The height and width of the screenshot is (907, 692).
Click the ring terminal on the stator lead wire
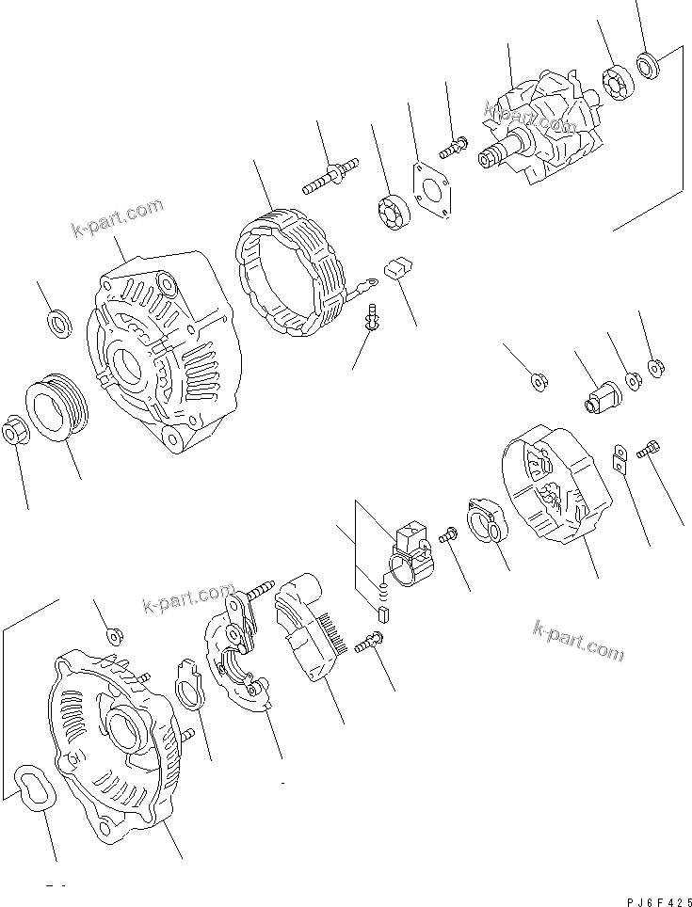click(x=365, y=278)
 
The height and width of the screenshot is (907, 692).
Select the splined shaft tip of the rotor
click(x=490, y=159)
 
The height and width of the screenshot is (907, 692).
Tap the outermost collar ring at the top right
click(x=647, y=66)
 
